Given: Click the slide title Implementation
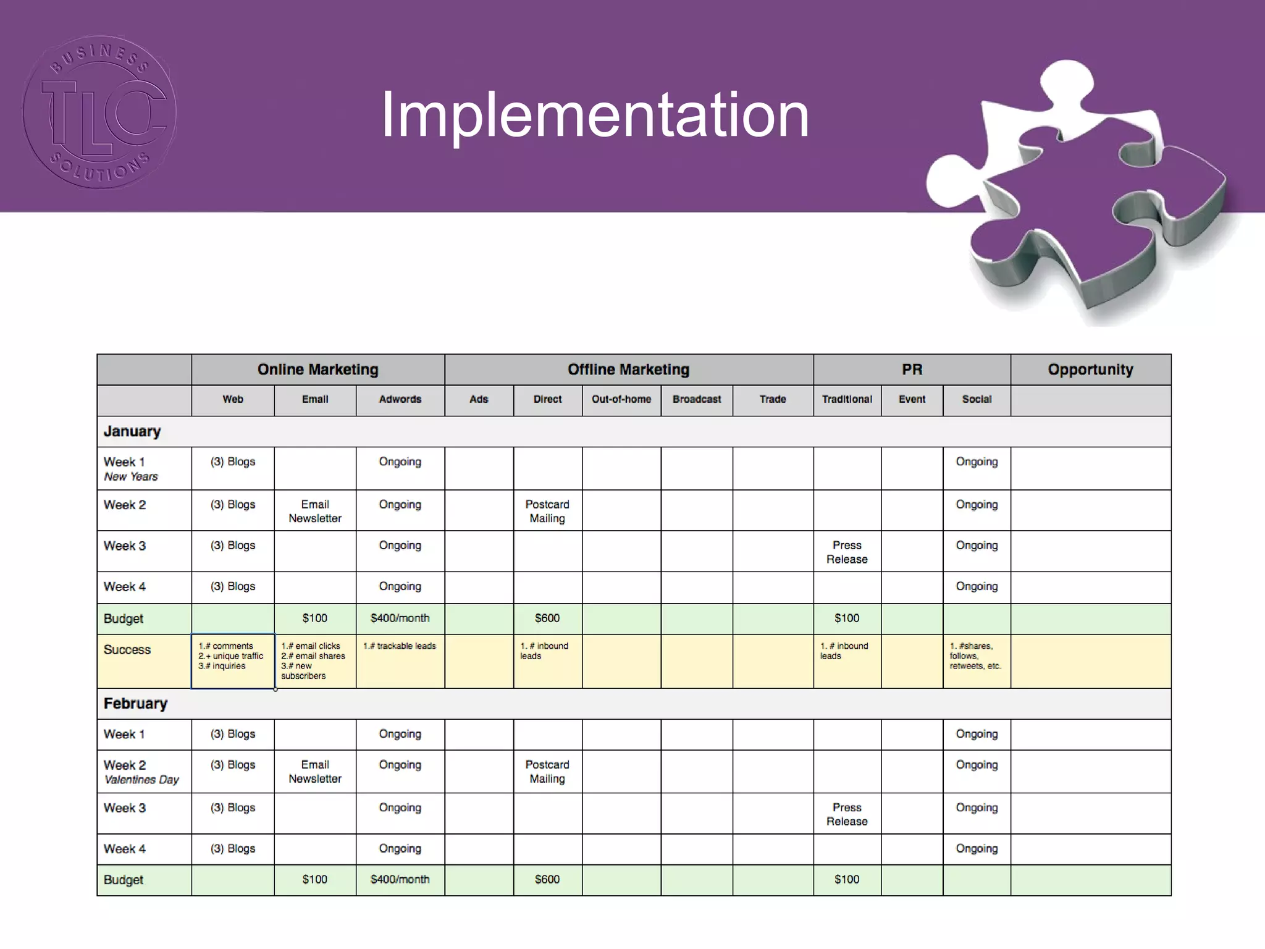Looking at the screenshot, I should tap(594, 114).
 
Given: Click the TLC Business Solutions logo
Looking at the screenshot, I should tap(100, 112).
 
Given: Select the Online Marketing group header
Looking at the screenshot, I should tap(317, 369).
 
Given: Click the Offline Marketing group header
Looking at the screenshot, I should tap(628, 369).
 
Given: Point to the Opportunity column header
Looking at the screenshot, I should tap(1090, 369).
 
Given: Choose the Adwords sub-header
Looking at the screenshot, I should tap(400, 399).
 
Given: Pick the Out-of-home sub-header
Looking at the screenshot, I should tap(621, 399).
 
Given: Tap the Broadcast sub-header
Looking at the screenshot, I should tap(697, 399).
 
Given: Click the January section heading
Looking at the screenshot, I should tap(132, 431).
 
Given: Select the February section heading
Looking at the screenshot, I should tap(135, 704).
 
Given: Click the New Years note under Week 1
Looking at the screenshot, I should tap(131, 477).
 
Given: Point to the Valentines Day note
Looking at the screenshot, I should tap(141, 780).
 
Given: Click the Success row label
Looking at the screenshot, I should tap(127, 649).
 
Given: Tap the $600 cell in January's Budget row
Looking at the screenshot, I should tap(547, 618).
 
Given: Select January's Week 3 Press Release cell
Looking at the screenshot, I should tap(847, 552).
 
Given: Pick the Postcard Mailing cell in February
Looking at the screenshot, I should tap(547, 772).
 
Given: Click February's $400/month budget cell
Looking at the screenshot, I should tap(400, 879).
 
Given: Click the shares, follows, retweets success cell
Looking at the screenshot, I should tap(975, 656).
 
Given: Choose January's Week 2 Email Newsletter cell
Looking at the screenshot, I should tap(315, 511).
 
